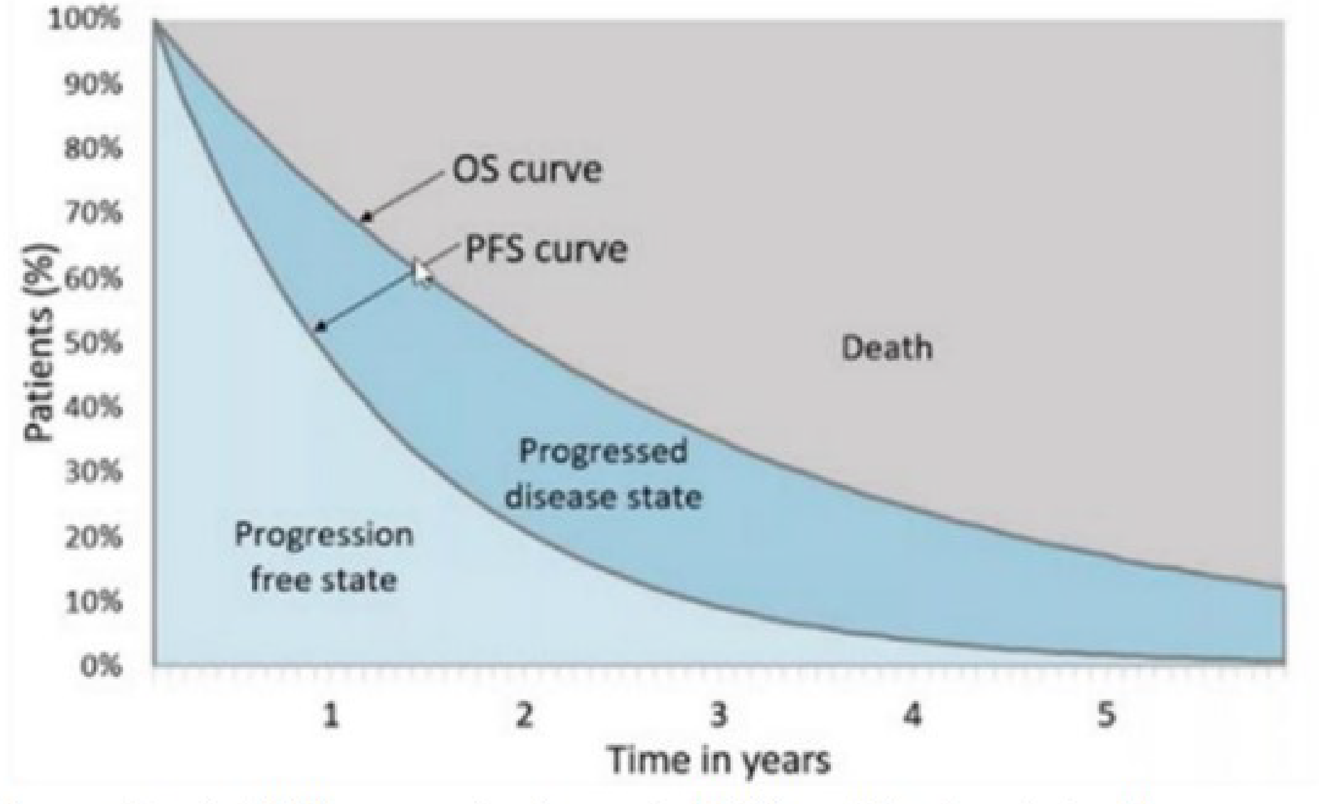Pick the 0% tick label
coord(101,667)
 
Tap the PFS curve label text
coord(546,249)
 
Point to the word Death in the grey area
coord(886,348)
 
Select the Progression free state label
coord(324,557)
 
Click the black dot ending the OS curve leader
coord(367,218)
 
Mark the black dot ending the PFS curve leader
coord(322,328)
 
